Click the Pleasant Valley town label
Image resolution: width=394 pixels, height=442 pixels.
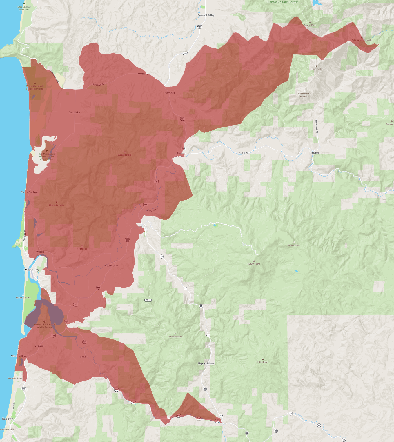[206, 15]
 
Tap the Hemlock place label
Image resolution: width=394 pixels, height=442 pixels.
[170, 93]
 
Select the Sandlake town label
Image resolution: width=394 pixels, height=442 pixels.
[75, 112]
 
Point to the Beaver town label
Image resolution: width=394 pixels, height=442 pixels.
[181, 154]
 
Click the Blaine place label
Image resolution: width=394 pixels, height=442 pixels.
[315, 153]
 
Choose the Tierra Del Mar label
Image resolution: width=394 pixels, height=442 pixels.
[30, 192]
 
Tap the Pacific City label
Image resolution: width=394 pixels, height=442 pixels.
[31, 270]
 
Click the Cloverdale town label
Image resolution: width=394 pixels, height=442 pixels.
[111, 265]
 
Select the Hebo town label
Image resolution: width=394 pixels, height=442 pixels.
[140, 226]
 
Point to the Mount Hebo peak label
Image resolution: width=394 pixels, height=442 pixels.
[294, 245]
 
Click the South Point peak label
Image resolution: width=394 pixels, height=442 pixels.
[254, 264]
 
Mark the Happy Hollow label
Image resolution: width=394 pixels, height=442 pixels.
[206, 363]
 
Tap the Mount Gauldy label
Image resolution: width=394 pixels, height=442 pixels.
[175, 337]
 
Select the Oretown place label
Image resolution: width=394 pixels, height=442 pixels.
[39, 346]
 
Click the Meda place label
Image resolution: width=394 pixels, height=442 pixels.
[83, 357]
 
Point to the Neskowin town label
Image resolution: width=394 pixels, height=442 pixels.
[8, 419]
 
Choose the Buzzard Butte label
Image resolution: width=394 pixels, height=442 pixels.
[124, 155]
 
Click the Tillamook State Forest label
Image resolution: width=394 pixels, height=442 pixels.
[281, 2]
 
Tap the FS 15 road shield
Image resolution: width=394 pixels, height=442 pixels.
[148, 300]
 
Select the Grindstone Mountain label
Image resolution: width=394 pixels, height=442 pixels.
[362, 41]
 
